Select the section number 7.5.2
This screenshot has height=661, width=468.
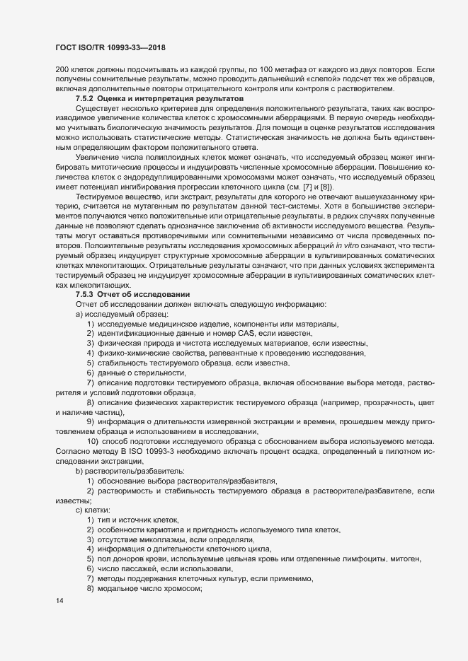tap(86, 99)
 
